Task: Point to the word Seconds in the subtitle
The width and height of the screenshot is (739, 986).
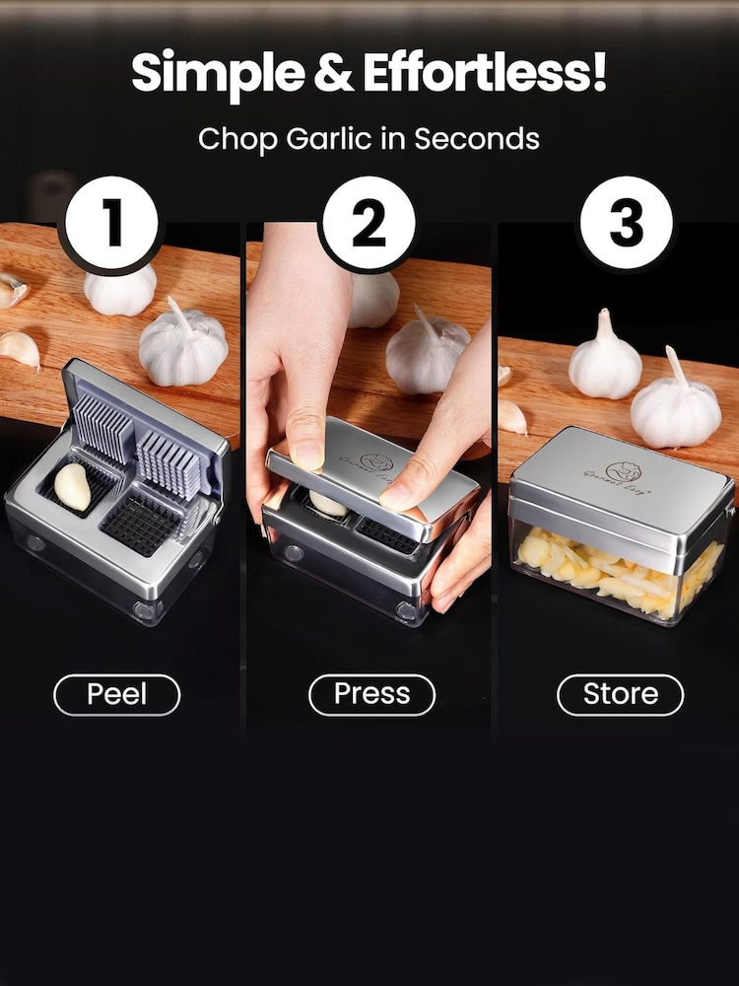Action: coord(476,139)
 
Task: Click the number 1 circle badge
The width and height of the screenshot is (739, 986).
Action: coord(110,224)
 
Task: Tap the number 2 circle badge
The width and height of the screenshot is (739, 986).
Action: coord(369,224)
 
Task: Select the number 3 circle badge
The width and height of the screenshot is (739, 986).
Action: coord(627,224)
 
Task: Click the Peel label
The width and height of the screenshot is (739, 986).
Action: coord(116,694)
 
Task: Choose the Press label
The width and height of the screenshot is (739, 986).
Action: coord(371,694)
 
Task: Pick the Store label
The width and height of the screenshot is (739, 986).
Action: coord(620,694)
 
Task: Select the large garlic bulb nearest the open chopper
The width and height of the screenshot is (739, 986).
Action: coord(183,344)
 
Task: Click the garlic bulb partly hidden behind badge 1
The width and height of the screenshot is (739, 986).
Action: coord(120,288)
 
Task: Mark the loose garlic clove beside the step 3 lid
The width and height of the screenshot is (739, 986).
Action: coord(510,416)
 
